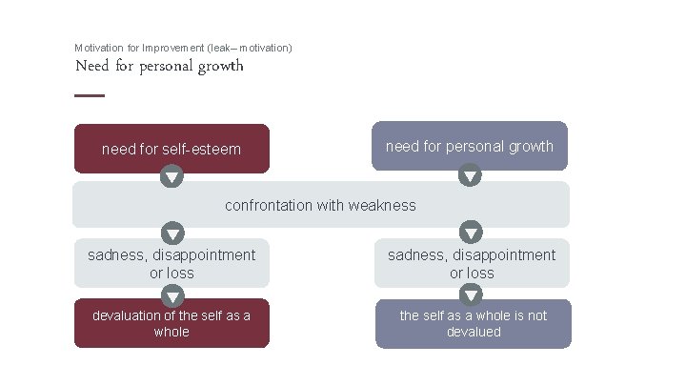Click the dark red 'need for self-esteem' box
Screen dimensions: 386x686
[171, 149]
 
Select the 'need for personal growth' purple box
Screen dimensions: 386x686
[469, 146]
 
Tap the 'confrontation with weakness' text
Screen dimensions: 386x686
[320, 205]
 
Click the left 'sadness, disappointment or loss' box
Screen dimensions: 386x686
[171, 263]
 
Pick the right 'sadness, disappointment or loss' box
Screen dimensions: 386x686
[472, 263]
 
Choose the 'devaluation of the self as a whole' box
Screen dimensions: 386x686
[171, 323]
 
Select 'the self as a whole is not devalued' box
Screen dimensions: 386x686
[474, 323]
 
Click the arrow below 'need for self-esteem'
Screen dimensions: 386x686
[171, 177]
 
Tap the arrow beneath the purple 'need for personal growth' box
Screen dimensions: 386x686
[470, 176]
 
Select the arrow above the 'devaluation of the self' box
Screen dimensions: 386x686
[172, 296]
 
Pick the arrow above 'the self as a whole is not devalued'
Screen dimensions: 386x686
[471, 296]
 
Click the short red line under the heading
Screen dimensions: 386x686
[90, 95]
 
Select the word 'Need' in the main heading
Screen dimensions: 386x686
[91, 66]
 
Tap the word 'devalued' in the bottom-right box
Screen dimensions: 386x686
[474, 332]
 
